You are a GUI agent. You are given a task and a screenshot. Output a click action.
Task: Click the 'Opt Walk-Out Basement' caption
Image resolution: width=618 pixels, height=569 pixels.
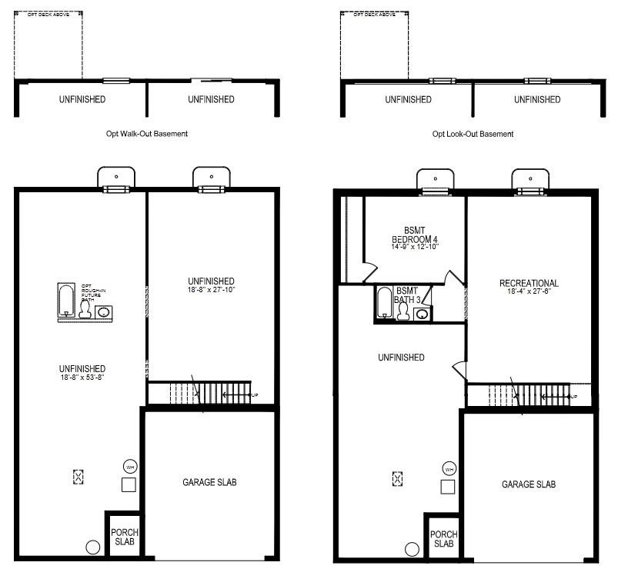pyautogui.click(x=147, y=134)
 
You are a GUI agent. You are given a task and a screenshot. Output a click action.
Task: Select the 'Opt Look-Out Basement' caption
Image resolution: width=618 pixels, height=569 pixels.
pyautogui.click(x=473, y=134)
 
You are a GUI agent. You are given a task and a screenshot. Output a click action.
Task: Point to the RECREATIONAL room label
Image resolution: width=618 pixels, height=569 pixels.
pyautogui.click(x=529, y=283)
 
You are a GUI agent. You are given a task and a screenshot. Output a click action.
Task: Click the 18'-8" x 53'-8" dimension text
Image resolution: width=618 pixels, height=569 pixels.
pyautogui.click(x=75, y=378)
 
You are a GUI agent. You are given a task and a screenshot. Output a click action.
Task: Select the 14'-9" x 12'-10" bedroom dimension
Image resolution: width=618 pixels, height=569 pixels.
pyautogui.click(x=414, y=247)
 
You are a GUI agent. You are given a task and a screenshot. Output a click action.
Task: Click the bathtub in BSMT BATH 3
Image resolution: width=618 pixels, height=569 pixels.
pyautogui.click(x=383, y=303)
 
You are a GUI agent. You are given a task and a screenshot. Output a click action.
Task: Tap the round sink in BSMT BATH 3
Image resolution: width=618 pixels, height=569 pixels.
pyautogui.click(x=422, y=314)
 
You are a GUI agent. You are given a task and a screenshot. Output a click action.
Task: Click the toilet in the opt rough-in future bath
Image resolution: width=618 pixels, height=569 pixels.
pyautogui.click(x=85, y=309)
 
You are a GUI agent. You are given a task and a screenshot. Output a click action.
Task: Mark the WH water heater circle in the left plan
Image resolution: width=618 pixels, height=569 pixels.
pyautogui.click(x=129, y=466)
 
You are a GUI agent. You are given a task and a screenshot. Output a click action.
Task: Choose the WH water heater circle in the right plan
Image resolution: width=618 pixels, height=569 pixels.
pyautogui.click(x=448, y=468)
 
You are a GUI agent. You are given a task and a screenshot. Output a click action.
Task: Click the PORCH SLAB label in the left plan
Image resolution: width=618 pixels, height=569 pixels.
pyautogui.click(x=123, y=537)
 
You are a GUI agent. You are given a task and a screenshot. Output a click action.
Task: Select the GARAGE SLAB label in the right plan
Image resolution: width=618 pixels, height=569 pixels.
pyautogui.click(x=529, y=484)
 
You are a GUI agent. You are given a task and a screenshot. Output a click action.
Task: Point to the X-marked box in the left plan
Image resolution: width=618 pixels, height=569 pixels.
pyautogui.click(x=78, y=477)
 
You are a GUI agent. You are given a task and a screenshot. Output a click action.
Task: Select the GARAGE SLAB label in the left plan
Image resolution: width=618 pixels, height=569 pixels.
pyautogui.click(x=209, y=482)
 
